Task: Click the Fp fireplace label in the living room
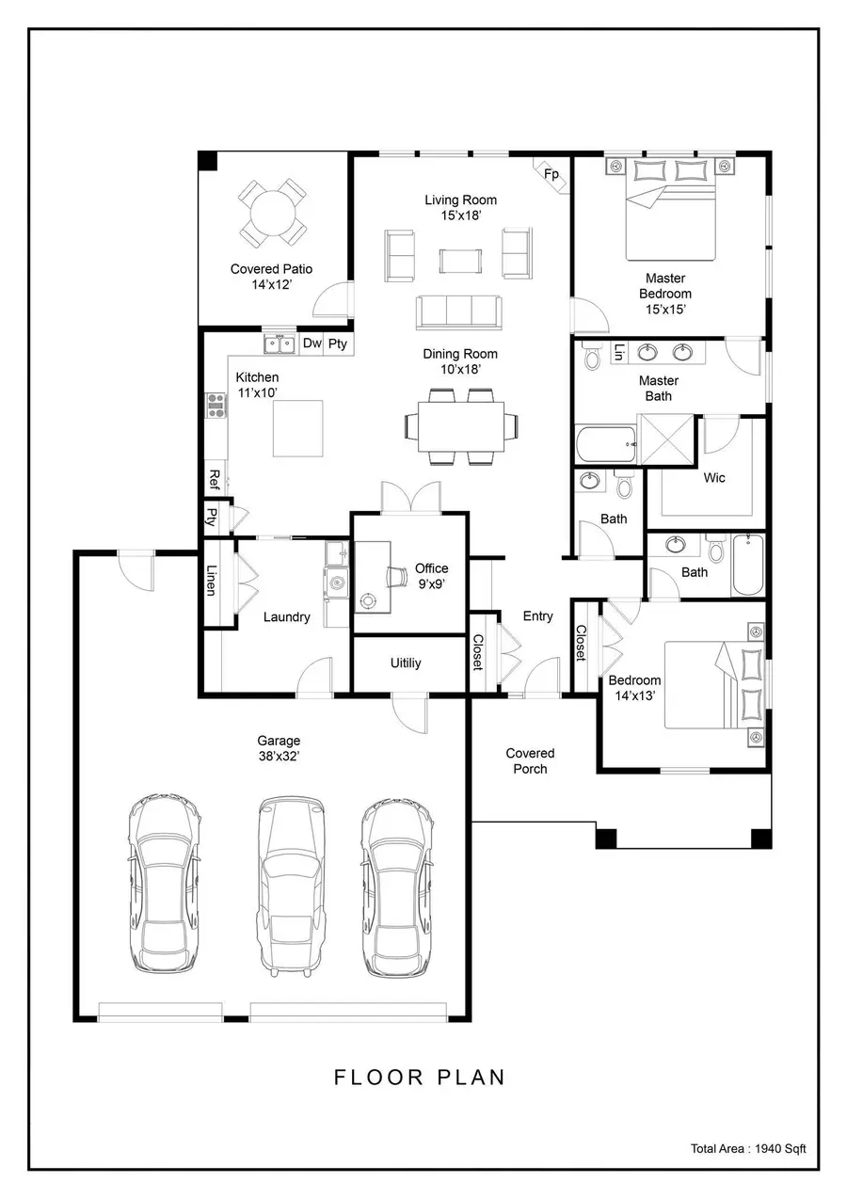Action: click(551, 174)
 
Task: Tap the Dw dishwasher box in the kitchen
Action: click(312, 343)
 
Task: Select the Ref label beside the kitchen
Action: click(214, 478)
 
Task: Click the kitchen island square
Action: click(298, 427)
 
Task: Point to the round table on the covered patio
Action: click(271, 213)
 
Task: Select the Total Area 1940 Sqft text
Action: click(748, 1148)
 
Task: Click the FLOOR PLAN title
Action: click(420, 1078)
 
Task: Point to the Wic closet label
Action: click(714, 478)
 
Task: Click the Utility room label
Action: click(406, 663)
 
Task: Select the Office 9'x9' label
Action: click(431, 576)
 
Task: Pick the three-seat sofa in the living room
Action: click(459, 310)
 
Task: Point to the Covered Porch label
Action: click(530, 760)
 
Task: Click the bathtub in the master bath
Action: click(604, 443)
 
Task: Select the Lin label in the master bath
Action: click(618, 352)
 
